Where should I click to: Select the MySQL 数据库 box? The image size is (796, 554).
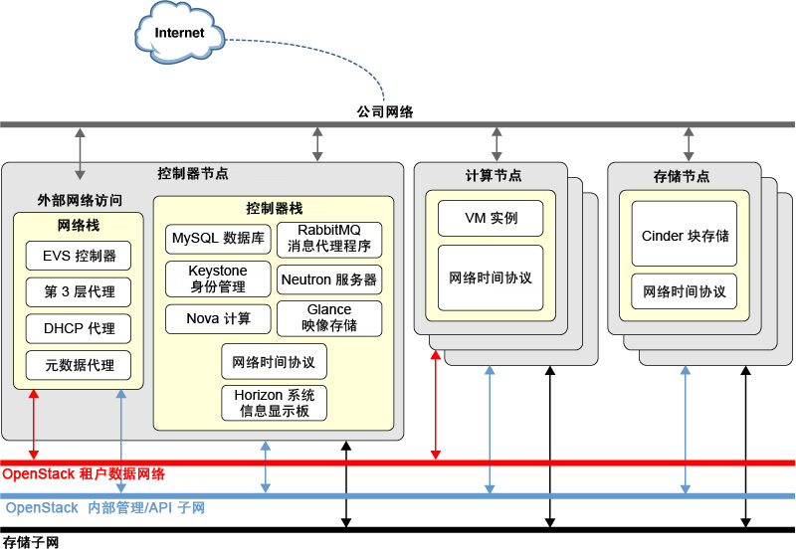click(x=218, y=239)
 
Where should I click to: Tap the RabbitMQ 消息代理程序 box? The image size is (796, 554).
click(x=329, y=239)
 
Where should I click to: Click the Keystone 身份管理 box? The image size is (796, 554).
click(x=218, y=278)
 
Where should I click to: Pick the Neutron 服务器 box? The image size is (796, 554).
click(x=329, y=279)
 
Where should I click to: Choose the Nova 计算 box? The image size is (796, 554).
click(x=218, y=318)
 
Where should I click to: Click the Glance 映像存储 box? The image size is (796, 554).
click(x=329, y=318)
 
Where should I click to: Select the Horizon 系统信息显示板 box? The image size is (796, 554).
click(x=274, y=403)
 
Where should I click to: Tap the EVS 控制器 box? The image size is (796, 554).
click(x=79, y=256)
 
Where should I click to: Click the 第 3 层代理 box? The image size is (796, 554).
click(x=79, y=292)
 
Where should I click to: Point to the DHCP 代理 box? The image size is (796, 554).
click(x=79, y=329)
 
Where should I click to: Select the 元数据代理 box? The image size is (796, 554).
click(x=79, y=365)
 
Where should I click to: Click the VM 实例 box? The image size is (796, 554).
click(x=491, y=218)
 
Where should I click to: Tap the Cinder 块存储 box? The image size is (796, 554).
click(x=684, y=234)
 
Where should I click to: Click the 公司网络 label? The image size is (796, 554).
click(x=385, y=111)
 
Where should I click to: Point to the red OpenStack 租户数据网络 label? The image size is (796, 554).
click(x=84, y=474)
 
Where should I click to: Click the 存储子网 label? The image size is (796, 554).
click(x=31, y=542)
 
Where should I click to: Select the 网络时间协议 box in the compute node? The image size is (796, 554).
click(x=491, y=278)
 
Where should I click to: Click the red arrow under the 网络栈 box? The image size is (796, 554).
click(x=34, y=425)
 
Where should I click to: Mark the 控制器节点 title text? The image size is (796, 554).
click(x=193, y=173)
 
